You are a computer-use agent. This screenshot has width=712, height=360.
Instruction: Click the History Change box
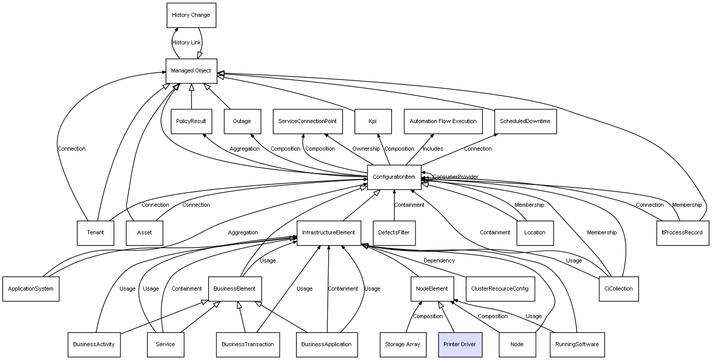(x=191, y=15)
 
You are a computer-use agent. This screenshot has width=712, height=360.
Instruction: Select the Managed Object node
(x=191, y=71)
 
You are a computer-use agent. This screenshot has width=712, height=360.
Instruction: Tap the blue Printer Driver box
(x=459, y=345)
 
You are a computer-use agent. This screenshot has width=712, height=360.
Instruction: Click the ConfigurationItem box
(x=394, y=177)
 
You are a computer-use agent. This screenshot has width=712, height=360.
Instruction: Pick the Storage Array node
(x=402, y=345)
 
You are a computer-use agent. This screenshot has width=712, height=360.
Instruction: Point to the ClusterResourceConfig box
(x=500, y=289)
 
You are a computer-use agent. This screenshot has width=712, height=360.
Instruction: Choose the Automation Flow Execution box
(x=443, y=122)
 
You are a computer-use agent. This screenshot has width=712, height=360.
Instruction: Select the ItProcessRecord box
(x=682, y=233)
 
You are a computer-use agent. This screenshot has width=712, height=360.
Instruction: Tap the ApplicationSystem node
(x=31, y=289)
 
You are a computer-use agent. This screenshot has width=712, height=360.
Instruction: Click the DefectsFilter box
(x=394, y=233)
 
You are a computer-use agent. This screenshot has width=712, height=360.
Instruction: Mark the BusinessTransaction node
(x=248, y=345)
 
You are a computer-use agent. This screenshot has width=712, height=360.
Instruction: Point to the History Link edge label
(x=186, y=43)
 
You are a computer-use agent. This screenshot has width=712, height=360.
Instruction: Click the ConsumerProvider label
(x=456, y=177)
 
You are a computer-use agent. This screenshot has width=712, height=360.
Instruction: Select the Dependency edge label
(x=439, y=261)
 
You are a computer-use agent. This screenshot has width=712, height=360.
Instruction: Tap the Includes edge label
(x=433, y=149)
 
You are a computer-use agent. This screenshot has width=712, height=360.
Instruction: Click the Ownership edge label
(x=366, y=149)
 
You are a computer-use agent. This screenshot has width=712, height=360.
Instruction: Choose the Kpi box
(x=373, y=122)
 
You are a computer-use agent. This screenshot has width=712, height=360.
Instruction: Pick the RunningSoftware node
(x=577, y=345)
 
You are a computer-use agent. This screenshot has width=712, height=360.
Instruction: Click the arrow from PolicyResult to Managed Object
(x=191, y=97)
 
